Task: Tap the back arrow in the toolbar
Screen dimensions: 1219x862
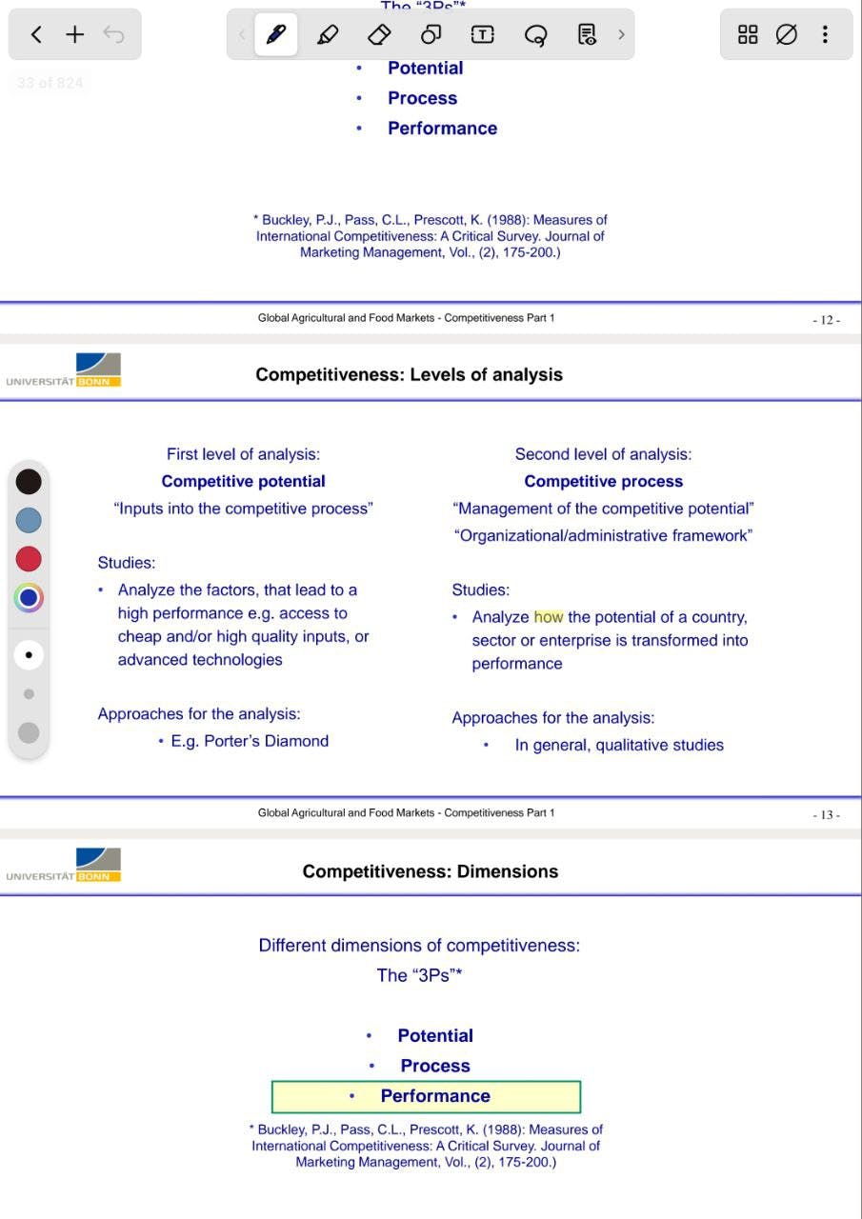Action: click(x=36, y=35)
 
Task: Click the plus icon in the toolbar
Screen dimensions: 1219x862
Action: click(x=75, y=35)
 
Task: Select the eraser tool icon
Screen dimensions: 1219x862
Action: click(x=379, y=35)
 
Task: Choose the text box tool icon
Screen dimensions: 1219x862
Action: click(x=483, y=35)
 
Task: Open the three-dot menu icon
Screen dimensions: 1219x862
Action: click(x=825, y=35)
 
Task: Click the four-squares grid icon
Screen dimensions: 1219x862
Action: click(x=748, y=35)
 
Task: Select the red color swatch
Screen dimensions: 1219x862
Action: click(x=29, y=558)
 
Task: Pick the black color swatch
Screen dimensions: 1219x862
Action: click(x=29, y=481)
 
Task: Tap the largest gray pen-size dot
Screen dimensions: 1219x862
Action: click(x=29, y=732)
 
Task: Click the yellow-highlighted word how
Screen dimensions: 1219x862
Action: click(x=549, y=617)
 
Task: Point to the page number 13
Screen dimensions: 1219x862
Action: click(x=826, y=815)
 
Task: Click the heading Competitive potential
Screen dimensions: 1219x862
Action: click(x=243, y=482)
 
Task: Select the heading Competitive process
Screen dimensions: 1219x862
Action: click(x=603, y=482)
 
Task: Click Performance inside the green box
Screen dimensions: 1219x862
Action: click(x=434, y=1096)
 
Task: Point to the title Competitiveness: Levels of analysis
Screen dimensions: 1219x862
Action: click(x=409, y=375)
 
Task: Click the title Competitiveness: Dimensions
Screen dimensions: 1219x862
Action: click(x=431, y=871)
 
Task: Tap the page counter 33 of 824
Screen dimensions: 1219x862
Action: click(x=50, y=83)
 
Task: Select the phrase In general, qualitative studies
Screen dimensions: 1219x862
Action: click(x=619, y=746)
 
